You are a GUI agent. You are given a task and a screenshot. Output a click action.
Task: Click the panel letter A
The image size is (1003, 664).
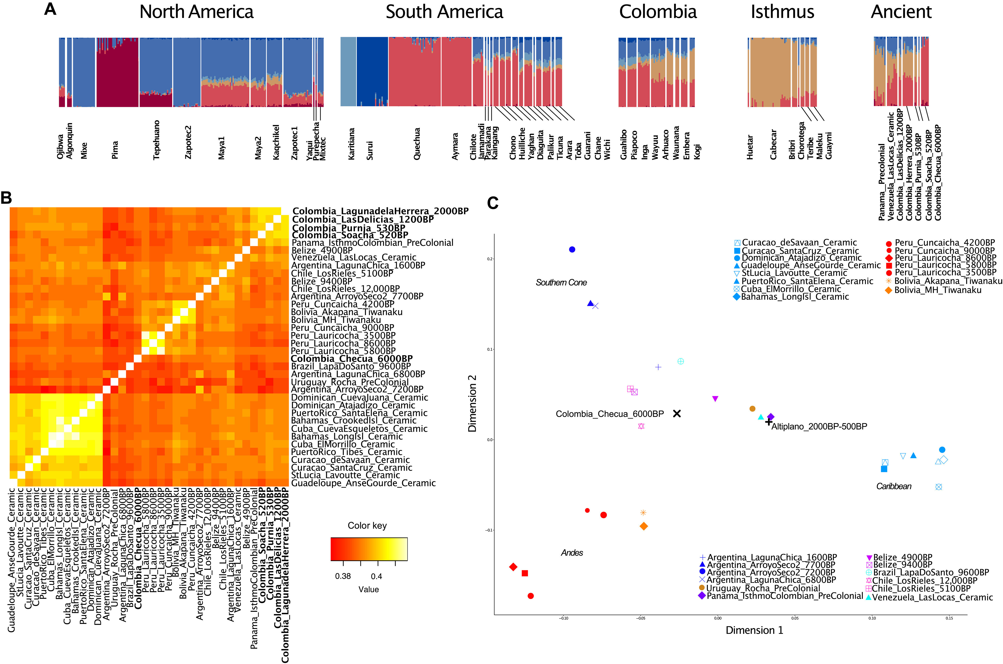click(50, 9)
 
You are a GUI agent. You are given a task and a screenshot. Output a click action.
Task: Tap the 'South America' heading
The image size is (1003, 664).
click(444, 12)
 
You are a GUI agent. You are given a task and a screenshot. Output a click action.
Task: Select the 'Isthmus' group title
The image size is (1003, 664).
click(782, 12)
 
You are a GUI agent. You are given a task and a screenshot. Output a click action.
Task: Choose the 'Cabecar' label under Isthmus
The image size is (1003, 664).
click(774, 144)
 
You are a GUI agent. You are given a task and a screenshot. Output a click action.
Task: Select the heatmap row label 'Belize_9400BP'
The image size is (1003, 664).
click(322, 281)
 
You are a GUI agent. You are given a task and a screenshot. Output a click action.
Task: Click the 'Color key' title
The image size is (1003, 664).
click(367, 526)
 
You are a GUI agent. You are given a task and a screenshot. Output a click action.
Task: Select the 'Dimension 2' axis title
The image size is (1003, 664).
click(472, 403)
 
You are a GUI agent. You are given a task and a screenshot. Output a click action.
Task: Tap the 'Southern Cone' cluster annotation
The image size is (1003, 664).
click(561, 283)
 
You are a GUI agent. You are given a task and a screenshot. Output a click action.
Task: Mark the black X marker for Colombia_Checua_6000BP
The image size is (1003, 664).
click(677, 414)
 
